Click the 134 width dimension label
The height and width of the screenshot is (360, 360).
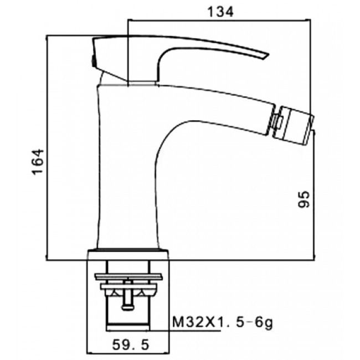pyautogui.click(x=220, y=12)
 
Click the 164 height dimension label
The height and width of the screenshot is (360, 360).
pyautogui.click(x=38, y=162)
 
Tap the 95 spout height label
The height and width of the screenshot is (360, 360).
pyautogui.click(x=304, y=199)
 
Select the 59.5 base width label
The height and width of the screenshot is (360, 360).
pyautogui.click(x=131, y=344)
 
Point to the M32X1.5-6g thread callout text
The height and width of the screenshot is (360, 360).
pyautogui.click(x=223, y=322)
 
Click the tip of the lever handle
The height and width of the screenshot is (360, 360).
pyautogui.click(x=268, y=55)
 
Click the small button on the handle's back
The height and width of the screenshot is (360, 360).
pyautogui.click(x=93, y=61)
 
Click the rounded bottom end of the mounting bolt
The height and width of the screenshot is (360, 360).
pyautogui.click(x=127, y=307)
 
